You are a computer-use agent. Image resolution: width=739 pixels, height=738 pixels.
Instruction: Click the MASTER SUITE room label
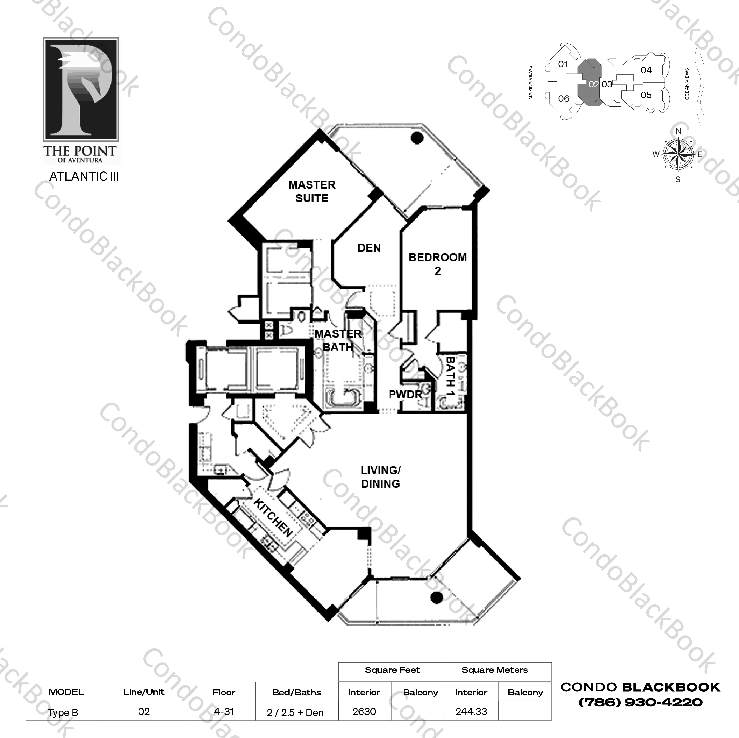point(312,192)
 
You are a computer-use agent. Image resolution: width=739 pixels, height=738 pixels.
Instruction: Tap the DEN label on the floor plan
point(369,248)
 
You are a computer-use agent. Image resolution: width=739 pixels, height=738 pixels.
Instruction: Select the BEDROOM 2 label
point(438,264)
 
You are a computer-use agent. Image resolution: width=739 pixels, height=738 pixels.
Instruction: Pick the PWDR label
point(405,394)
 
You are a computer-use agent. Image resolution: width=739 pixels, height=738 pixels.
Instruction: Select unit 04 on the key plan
point(646,70)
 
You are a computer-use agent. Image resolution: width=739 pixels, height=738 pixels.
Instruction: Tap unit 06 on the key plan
point(563,99)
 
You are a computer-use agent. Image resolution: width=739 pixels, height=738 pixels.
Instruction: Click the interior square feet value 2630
point(364,712)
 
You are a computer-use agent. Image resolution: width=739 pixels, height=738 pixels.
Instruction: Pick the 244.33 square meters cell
point(471,712)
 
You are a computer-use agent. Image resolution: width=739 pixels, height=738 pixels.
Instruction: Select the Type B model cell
point(63,713)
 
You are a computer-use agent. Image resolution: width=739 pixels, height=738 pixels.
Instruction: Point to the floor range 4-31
point(224,712)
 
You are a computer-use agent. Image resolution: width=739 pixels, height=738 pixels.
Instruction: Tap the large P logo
point(81,89)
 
